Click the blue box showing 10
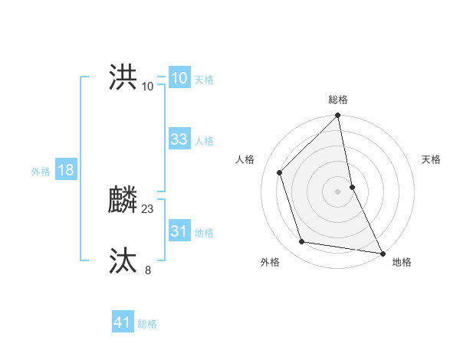coord(179,78)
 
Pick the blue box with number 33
coord(179,139)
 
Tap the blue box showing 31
coord(179,231)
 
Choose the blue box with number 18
coord(65,170)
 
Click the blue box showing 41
coord(123,322)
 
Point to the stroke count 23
coord(148,208)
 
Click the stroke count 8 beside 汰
coord(148,270)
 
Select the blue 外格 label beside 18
coord(41,172)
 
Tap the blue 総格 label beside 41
coord(147,324)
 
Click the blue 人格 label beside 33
coord(204,141)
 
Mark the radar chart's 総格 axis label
coord(338,100)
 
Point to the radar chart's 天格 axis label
coord(431,159)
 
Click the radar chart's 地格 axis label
coord(402,262)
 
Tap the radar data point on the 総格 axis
coord(338,116)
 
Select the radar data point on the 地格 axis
coord(382,253)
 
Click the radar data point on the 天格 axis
coord(352,186)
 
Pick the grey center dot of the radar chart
coord(338,191)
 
